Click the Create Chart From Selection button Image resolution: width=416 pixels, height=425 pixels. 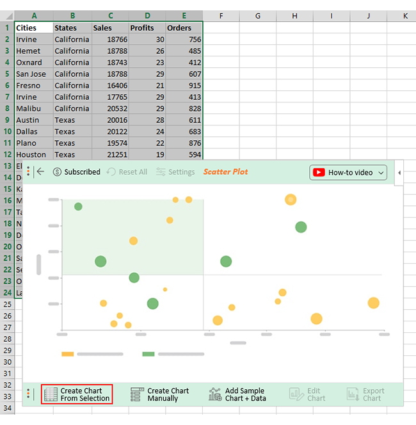coord(77,394)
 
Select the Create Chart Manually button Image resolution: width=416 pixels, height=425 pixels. coord(160,394)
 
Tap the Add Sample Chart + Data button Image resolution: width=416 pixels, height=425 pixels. coord(237,394)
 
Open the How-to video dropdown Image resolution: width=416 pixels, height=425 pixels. coord(349,172)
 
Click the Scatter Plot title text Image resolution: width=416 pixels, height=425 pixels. coord(225,172)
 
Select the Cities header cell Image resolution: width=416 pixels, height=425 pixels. coord(34,28)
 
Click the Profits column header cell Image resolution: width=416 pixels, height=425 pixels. coord(147,28)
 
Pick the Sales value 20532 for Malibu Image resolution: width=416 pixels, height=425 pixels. coord(109,108)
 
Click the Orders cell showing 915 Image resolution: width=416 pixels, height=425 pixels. coord(184,85)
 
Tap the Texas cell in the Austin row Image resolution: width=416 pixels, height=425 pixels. coord(71,120)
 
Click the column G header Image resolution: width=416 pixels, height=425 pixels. coord(258,15)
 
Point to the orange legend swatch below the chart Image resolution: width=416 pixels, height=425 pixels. coord(68,353)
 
